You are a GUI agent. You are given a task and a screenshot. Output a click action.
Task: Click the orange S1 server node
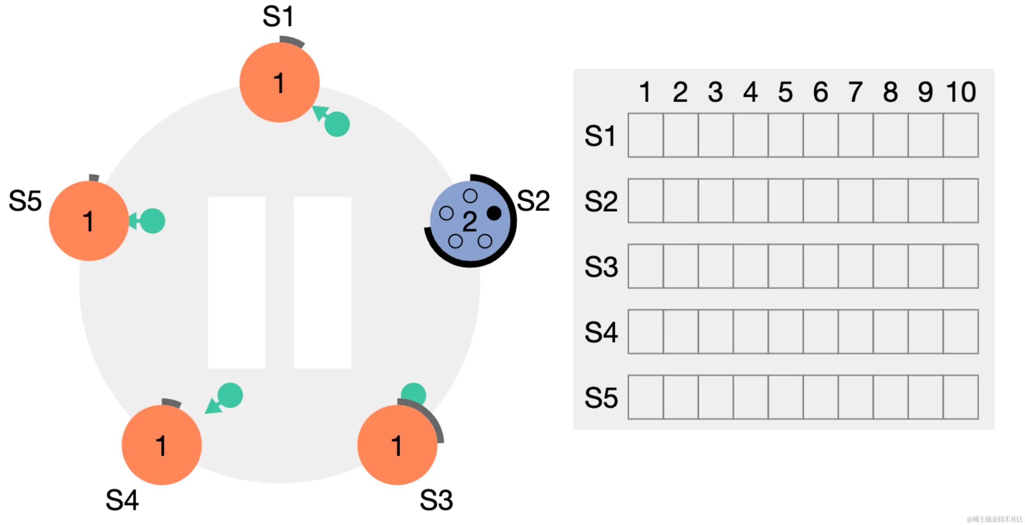279,82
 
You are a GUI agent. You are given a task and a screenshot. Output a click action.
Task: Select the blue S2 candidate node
470,221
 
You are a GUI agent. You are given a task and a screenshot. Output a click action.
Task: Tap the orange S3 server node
397,445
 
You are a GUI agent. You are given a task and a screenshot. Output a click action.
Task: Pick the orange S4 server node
162,445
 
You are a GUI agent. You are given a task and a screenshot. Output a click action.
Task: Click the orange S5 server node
89,221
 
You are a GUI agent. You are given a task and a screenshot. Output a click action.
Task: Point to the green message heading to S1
337,124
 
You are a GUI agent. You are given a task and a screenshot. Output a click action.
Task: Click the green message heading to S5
152,221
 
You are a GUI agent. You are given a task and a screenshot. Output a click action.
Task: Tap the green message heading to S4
230,395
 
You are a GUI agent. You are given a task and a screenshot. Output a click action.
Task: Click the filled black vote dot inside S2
494,213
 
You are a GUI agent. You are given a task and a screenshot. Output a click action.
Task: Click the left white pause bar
236,282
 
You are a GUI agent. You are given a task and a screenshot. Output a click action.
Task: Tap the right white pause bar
322,282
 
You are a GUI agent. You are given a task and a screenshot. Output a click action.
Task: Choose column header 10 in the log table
961,92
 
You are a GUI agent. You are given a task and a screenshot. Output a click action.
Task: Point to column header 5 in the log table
785,92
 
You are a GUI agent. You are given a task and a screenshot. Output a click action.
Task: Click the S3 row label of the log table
601,266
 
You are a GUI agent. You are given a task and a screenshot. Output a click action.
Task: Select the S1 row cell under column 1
645,135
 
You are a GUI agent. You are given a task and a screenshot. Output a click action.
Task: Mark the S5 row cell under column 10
961,397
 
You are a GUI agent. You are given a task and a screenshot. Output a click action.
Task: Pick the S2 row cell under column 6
821,201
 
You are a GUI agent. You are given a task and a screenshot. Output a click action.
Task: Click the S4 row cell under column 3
715,332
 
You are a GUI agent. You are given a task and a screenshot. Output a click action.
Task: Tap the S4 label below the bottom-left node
122,500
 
